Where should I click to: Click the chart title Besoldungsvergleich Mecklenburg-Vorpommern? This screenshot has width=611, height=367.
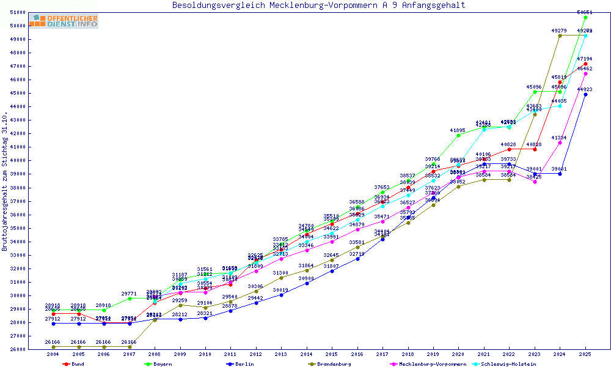coord(318,6)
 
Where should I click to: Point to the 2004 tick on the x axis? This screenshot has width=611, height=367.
coord(54,354)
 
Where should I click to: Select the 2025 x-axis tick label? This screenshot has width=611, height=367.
coord(585,354)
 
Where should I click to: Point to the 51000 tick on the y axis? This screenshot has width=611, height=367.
coord(35,12)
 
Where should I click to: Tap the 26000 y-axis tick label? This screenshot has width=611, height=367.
coord(35,349)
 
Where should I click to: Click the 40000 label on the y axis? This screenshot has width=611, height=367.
coord(35,160)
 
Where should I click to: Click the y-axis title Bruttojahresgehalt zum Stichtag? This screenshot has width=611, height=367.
coord(5,181)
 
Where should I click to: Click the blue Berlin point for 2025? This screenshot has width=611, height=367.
coord(585,94)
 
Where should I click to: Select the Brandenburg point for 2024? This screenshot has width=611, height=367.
coord(560,35)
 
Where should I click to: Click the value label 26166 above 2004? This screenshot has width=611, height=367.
coord(54,342)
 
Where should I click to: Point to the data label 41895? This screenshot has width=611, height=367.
coord(458,130)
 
